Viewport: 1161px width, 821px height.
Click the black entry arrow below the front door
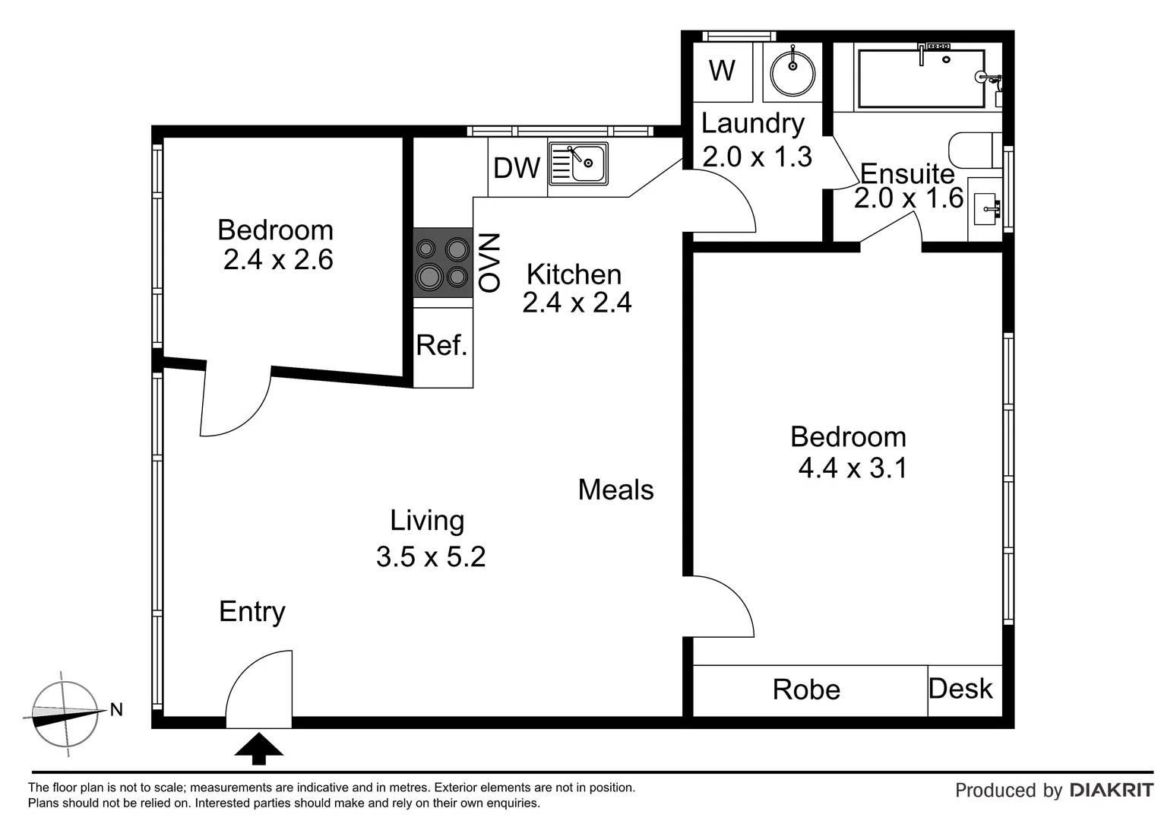[x=258, y=748]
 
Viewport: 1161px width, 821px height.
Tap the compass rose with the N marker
[x=65, y=714]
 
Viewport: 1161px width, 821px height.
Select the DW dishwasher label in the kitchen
[x=517, y=168]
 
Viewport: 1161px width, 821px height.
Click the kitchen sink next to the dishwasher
[x=579, y=163]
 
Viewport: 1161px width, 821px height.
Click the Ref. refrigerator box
[x=442, y=347]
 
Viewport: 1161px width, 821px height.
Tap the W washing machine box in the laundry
[x=722, y=71]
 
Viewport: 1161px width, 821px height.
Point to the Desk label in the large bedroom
[x=961, y=689]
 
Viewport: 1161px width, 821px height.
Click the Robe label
[x=806, y=690]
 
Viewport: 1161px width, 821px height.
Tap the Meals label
[x=615, y=490]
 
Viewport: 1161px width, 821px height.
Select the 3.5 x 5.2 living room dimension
[x=431, y=557]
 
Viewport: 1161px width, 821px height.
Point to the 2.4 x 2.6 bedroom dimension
[x=278, y=260]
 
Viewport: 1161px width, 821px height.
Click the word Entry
[x=252, y=612]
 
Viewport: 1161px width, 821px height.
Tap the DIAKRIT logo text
[x=1111, y=791]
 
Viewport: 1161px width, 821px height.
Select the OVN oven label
[x=489, y=263]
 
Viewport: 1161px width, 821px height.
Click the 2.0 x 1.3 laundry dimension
[x=757, y=157]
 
